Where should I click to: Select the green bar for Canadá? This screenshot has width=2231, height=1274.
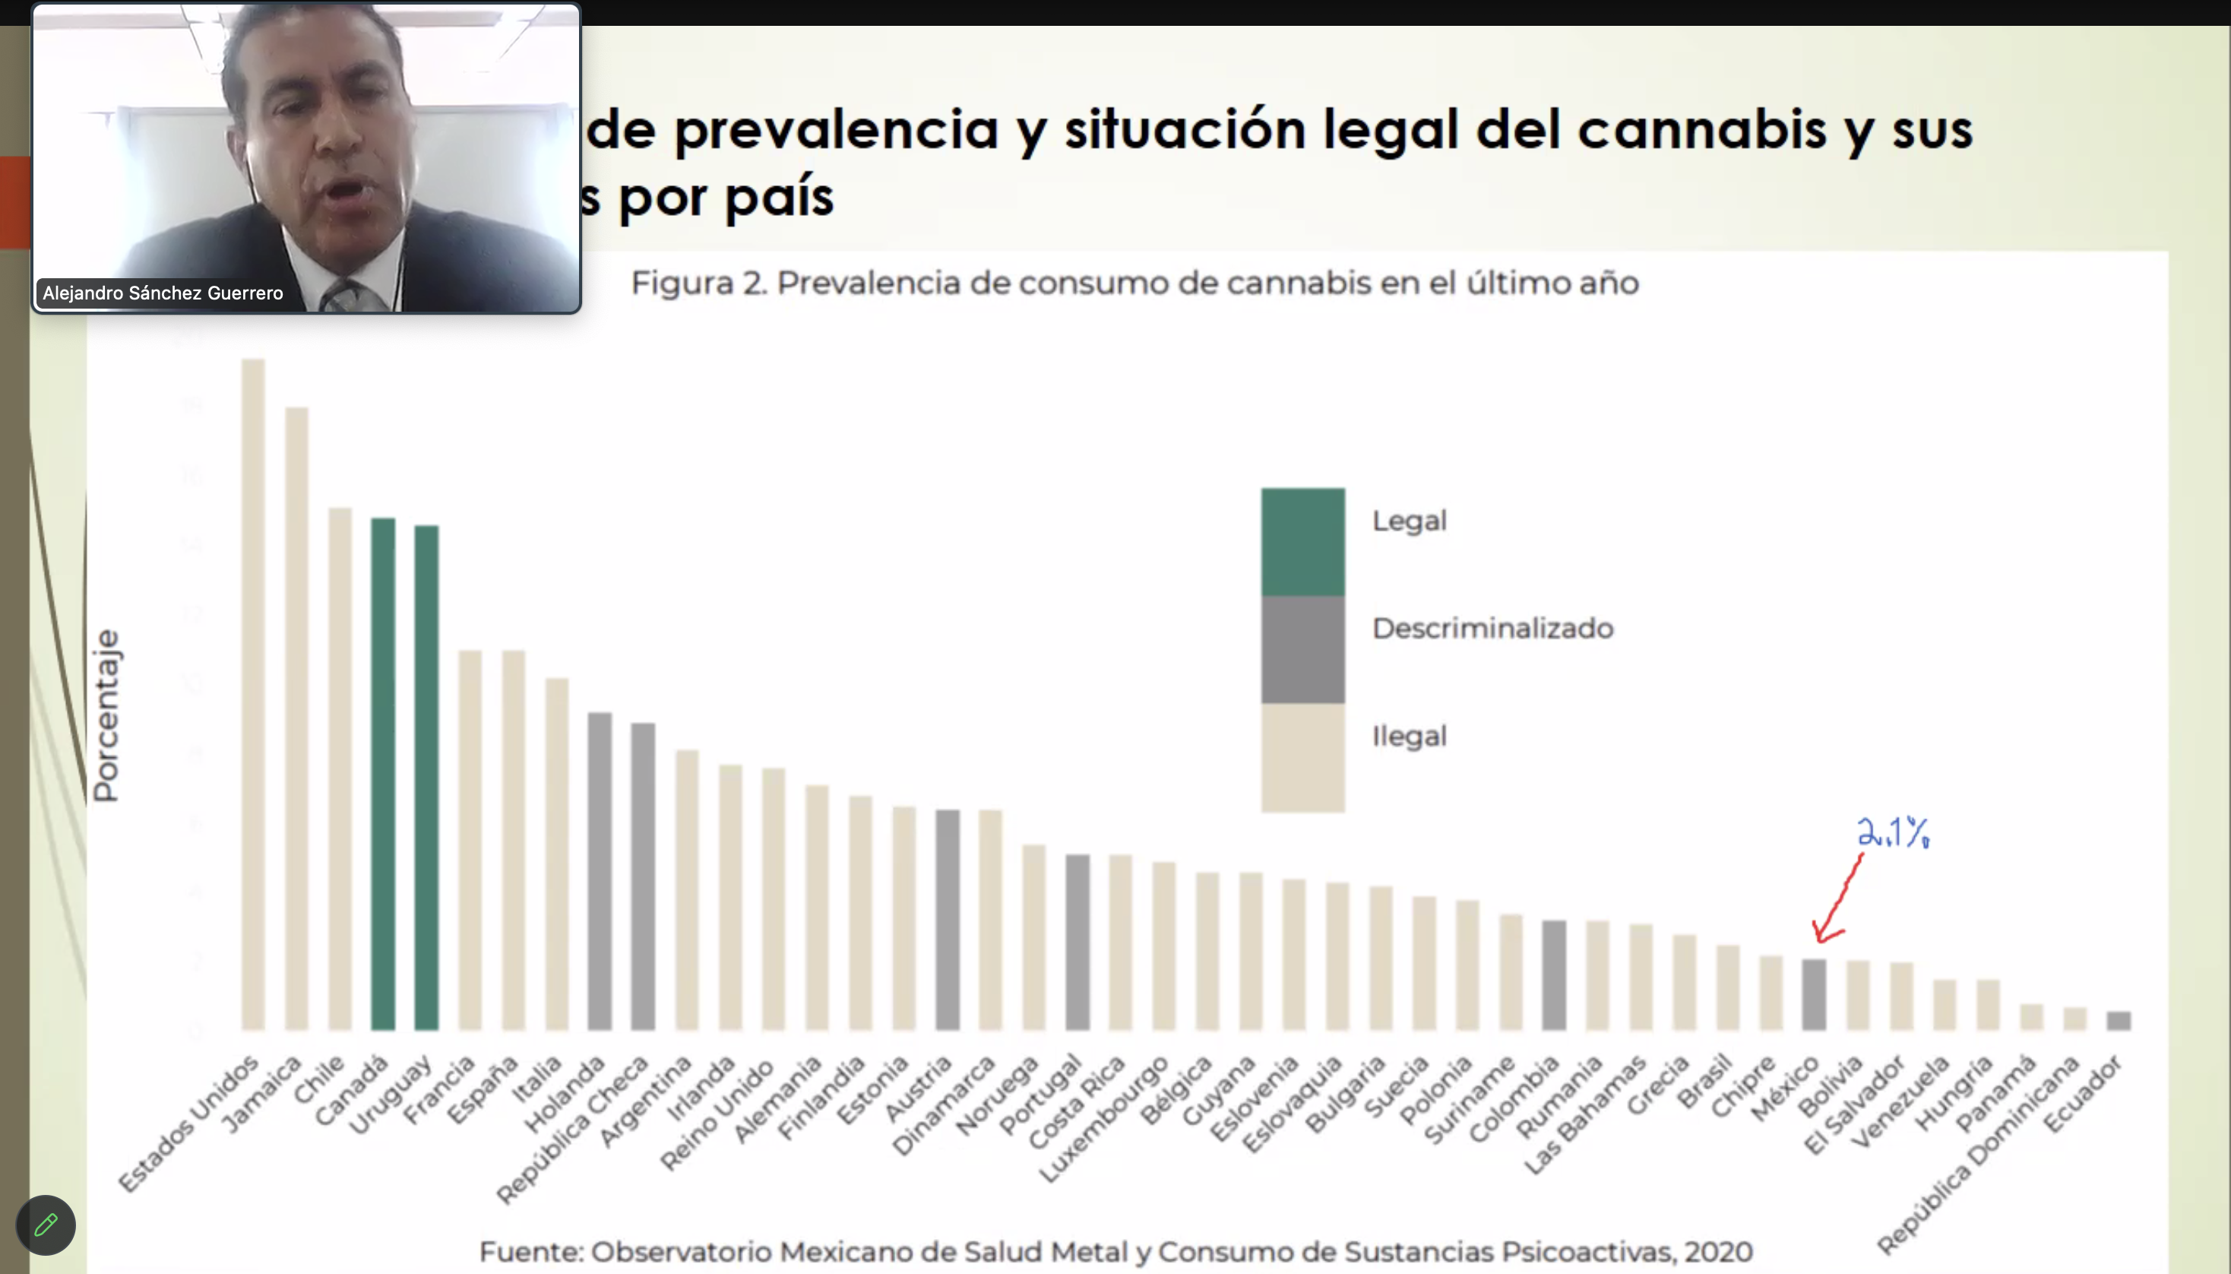click(x=383, y=774)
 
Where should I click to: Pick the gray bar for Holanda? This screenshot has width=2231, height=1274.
click(x=599, y=870)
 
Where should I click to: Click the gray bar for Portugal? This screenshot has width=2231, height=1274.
click(x=1078, y=942)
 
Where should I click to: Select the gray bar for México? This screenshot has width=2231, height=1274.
click(x=1814, y=994)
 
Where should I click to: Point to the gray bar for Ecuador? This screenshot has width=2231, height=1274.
click(x=2119, y=1020)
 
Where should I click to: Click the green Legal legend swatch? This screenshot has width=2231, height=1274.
click(x=1302, y=542)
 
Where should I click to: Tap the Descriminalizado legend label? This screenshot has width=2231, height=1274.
click(x=1492, y=628)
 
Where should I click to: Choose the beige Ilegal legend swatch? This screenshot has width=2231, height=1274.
click(x=1302, y=758)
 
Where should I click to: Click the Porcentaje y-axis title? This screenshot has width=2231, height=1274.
click(x=106, y=715)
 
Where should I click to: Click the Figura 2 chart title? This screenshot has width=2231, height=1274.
click(x=1134, y=283)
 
